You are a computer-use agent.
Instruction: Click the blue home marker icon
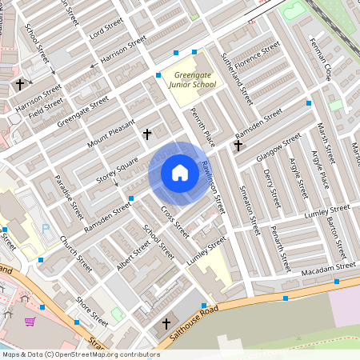(x=180, y=173)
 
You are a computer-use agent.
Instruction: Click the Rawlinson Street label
(x=214, y=186)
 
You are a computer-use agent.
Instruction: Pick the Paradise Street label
(x=67, y=197)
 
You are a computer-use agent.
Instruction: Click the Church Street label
(x=76, y=253)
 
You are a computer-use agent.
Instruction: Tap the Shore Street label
(x=92, y=310)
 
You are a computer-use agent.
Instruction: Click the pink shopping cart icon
(x=30, y=322)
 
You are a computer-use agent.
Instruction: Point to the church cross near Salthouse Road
(x=166, y=324)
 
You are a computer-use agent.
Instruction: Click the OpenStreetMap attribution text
(x=81, y=354)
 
